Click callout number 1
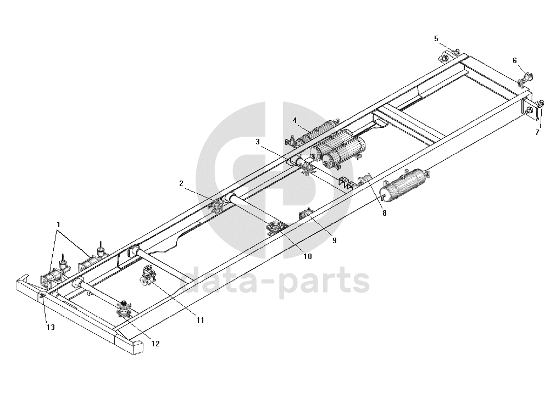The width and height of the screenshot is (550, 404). click(59, 225)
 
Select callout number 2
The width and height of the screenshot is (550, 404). click(181, 183)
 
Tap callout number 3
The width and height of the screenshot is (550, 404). click(257, 142)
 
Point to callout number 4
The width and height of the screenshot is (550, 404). click(295, 120)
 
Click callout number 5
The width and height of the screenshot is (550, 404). click(436, 38)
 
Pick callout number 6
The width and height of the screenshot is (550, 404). click(515, 60)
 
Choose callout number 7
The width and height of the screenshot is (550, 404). click(537, 132)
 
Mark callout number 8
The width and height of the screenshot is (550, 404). click(384, 213)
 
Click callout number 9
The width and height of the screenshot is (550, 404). click(334, 240)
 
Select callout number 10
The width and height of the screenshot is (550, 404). click(308, 256)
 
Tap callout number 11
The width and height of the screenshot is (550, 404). click(200, 319)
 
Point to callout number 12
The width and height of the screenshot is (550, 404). click(155, 344)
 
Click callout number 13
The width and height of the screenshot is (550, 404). click(51, 328)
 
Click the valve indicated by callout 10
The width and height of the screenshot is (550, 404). click(274, 227)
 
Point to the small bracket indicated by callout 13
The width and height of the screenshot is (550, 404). click(42, 296)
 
